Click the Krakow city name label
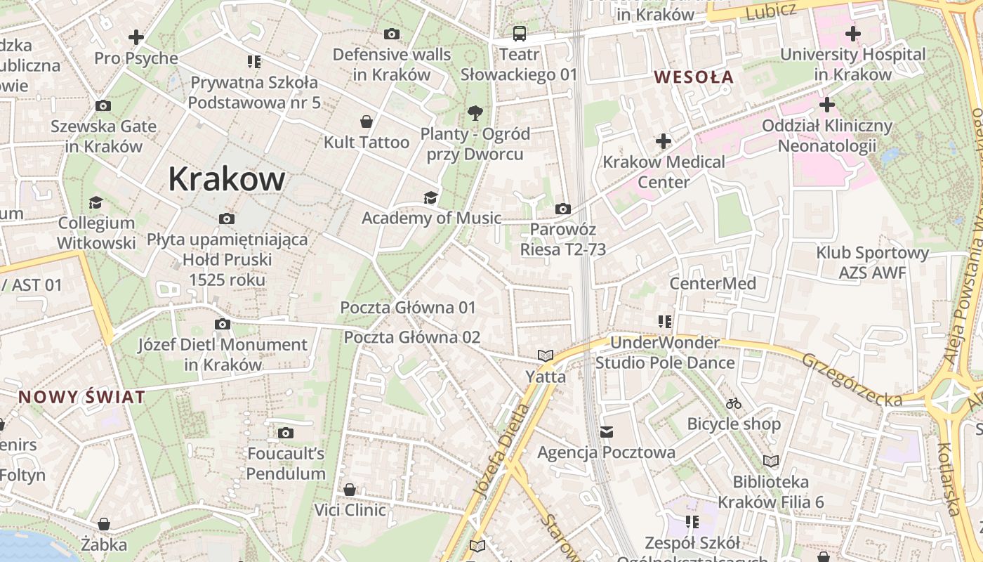pos(226,179)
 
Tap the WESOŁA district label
pos(694,77)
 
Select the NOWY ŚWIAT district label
pos(81,397)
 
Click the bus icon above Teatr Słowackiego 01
pos(519,33)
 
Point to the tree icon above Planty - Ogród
pos(475,112)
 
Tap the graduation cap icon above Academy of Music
pos(430,197)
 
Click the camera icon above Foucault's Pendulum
pos(285,433)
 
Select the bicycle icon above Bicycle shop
pos(734,403)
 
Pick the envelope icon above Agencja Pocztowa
pos(606,431)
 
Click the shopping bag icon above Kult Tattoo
pos(366,122)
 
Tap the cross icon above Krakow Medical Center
pos(664,142)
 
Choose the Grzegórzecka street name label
pos(852,379)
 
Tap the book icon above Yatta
pos(546,355)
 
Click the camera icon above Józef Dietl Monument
pos(223,324)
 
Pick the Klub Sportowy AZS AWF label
pos(872,262)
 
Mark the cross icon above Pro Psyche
pos(136,37)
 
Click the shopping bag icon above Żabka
pos(104,524)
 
